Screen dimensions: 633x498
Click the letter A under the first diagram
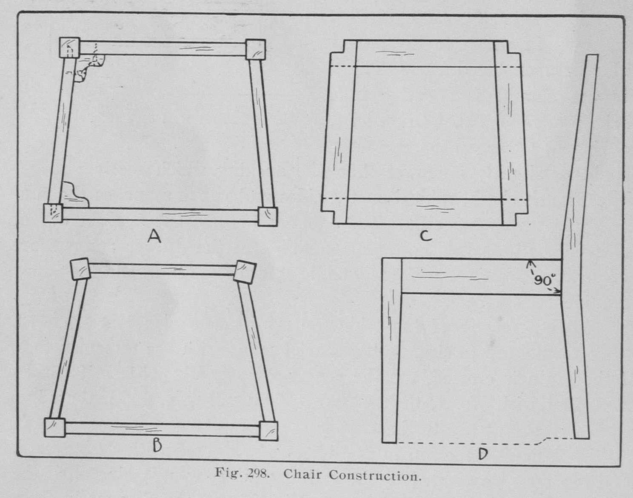pyautogui.click(x=154, y=236)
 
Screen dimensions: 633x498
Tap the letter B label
pyautogui.click(x=157, y=445)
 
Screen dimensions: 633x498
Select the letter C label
pyautogui.click(x=426, y=236)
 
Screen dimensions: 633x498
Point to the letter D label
pyautogui.click(x=483, y=454)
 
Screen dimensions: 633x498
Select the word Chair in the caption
pyautogui.click(x=302, y=474)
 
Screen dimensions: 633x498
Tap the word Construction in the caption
pyautogui.click(x=375, y=475)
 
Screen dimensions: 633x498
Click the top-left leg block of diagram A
pyautogui.click(x=69, y=47)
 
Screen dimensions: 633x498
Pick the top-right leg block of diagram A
pyautogui.click(x=256, y=49)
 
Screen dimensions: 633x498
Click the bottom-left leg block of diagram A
pyautogui.click(x=53, y=213)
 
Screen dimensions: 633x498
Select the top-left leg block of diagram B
pyautogui.click(x=80, y=269)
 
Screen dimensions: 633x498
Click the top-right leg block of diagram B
pyautogui.click(x=245, y=272)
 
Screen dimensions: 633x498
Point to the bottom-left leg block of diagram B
pyautogui.click(x=55, y=427)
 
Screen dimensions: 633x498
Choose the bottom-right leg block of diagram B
pyautogui.click(x=268, y=431)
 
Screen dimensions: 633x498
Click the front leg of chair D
pyautogui.click(x=391, y=350)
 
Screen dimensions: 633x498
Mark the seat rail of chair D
pyautogui.click(x=481, y=276)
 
